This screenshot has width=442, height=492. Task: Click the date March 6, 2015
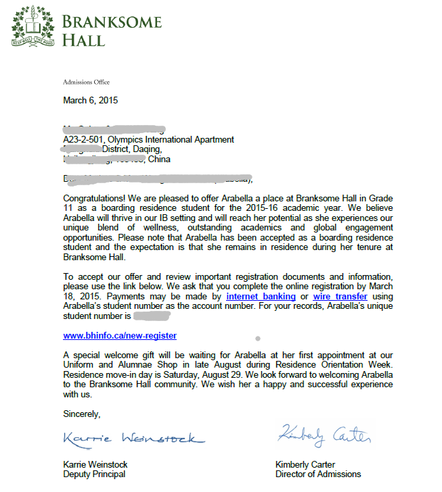pos(90,100)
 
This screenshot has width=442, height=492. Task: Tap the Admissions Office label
pos(86,82)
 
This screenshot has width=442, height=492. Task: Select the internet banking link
pos(261,296)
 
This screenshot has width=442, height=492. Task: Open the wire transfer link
pos(340,296)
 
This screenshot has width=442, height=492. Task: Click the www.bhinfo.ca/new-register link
pos(120,335)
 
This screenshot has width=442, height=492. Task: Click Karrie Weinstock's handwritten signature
pos(133,438)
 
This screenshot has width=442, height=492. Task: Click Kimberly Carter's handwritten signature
pos(324,435)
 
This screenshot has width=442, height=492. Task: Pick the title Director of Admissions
pos(318,474)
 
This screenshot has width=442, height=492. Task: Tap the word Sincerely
pos(81,413)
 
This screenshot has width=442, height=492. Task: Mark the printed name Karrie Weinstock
pos(95,465)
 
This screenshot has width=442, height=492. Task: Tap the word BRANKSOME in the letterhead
pos(112,22)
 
